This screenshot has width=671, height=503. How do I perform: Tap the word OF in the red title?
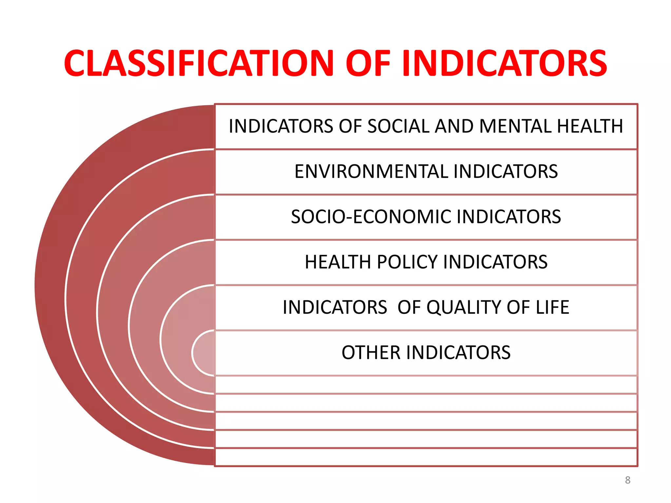click(368, 64)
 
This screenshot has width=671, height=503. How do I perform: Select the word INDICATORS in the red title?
click(505, 64)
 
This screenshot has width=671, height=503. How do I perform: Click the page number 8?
click(627, 480)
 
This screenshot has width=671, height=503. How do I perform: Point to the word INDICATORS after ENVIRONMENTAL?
click(506, 172)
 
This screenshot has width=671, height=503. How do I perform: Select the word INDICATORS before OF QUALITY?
click(335, 307)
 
